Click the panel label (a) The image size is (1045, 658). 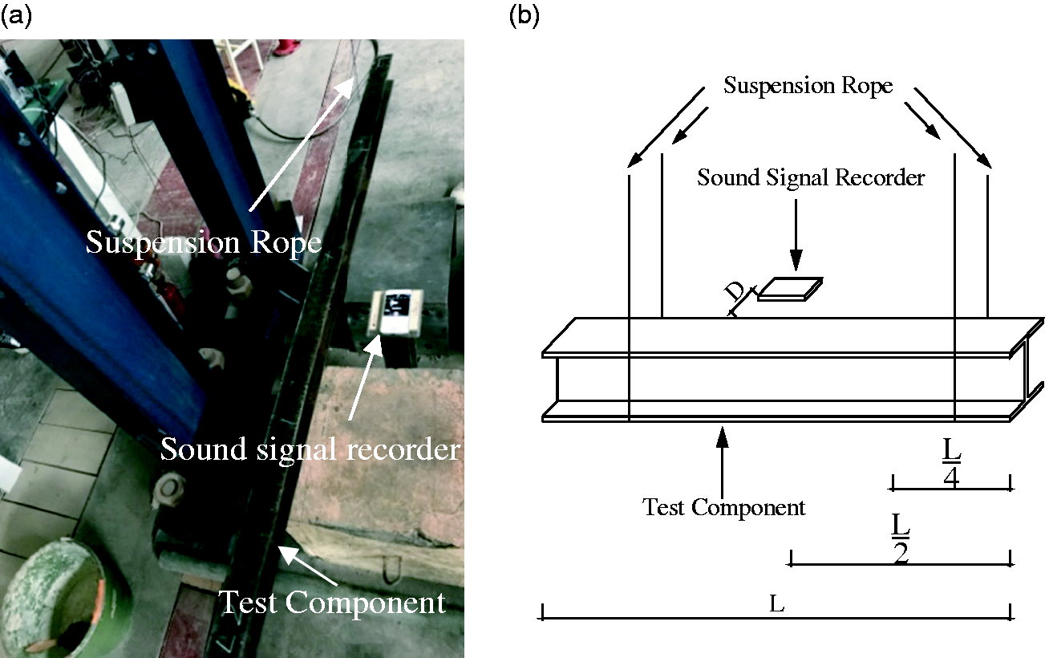point(16,16)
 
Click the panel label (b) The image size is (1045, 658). point(524,16)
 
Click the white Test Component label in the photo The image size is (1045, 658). point(332,603)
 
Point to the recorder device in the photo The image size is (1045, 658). point(395,312)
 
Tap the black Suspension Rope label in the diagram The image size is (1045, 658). point(808,86)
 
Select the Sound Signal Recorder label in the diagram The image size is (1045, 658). point(811,178)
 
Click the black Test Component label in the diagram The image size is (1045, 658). point(723,507)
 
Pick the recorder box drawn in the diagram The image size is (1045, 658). point(790,290)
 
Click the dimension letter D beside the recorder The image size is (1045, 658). point(735,293)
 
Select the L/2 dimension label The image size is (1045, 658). point(901,538)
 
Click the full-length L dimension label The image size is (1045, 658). point(777,604)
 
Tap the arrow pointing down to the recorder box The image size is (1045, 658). point(796,235)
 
